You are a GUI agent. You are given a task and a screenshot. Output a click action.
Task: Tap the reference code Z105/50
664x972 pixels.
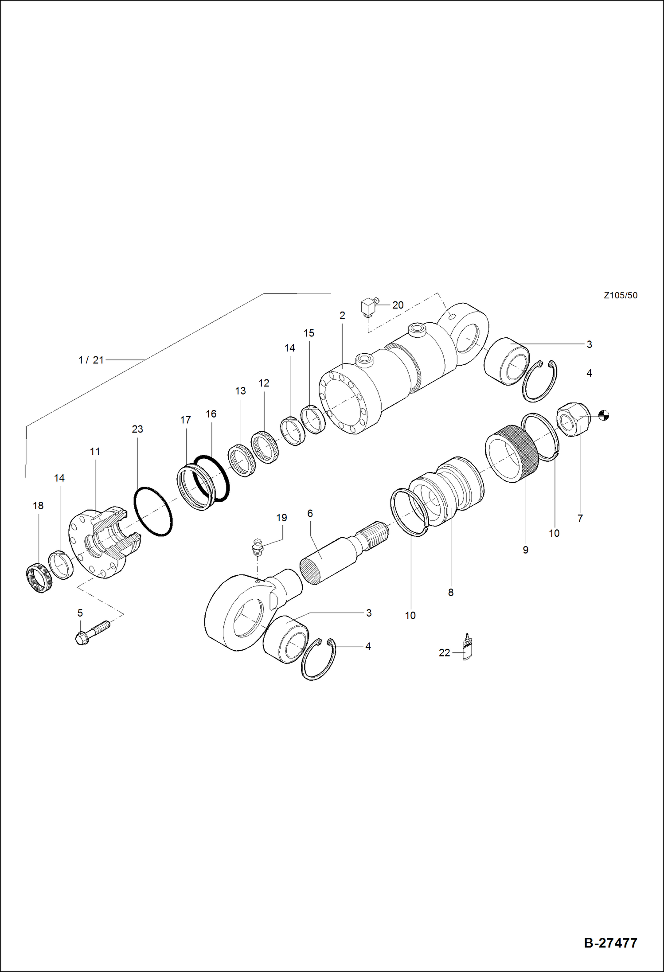point(620,295)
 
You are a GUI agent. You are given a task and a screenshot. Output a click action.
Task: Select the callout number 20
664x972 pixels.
point(398,305)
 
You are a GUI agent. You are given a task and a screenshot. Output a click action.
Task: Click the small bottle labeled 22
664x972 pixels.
point(467,648)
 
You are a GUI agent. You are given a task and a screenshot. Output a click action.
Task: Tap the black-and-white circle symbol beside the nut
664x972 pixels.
point(604,415)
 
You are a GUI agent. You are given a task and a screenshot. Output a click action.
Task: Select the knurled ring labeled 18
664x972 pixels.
point(39,578)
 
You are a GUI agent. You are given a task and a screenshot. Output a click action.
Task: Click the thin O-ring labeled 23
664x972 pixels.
point(153,511)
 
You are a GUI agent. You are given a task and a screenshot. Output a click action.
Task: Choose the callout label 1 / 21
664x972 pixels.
point(91,360)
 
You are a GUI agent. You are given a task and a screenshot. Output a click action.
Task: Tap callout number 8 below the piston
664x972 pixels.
point(450,592)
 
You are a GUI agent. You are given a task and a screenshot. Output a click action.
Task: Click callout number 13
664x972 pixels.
point(240,391)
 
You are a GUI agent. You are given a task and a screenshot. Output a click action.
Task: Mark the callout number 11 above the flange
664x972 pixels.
point(95,451)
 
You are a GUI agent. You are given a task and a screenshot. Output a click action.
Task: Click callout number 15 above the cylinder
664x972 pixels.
point(309,333)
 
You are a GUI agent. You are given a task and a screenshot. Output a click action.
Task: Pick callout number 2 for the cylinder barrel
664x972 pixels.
point(342,316)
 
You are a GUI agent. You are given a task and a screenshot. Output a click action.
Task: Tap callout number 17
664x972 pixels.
point(185,420)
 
